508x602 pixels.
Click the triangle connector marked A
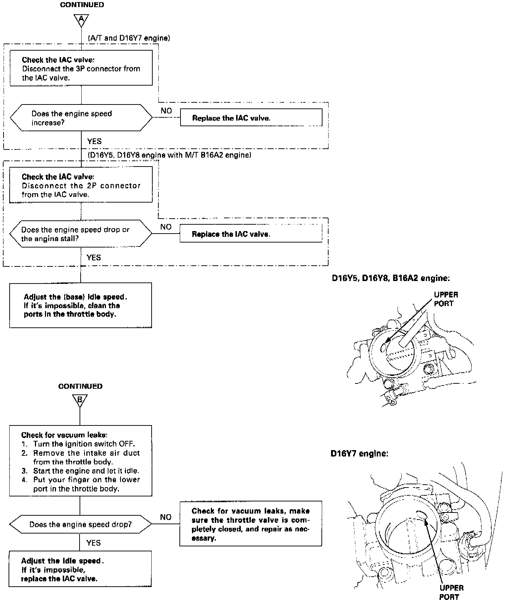[81, 20]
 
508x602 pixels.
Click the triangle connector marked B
[80, 401]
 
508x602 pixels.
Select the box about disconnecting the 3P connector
[81, 68]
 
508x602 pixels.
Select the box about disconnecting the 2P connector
[81, 185]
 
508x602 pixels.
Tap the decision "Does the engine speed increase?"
[81, 118]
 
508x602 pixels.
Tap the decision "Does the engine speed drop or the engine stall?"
[80, 234]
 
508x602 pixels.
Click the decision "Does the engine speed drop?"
[80, 524]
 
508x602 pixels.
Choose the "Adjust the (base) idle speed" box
[80, 305]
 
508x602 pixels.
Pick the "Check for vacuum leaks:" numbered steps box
[80, 460]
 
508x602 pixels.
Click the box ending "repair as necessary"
[250, 524]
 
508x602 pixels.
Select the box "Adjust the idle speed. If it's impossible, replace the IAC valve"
[80, 569]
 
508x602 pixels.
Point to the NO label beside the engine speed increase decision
[166, 111]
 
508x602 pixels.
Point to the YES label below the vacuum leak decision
[93, 543]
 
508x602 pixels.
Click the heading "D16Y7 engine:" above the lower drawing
[359, 454]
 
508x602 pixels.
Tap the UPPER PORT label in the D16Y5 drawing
[446, 299]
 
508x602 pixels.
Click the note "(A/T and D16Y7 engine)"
[128, 38]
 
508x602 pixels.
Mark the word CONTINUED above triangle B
[80, 386]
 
